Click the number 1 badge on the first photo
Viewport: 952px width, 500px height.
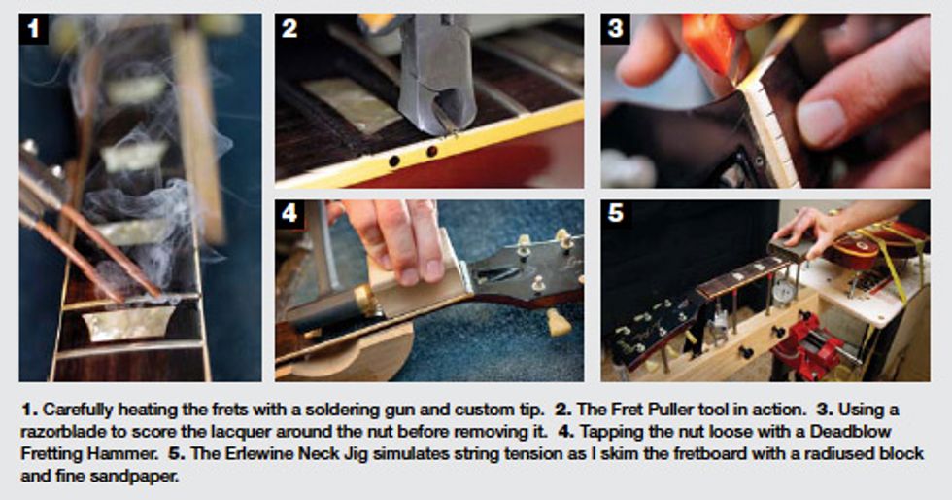(33, 28)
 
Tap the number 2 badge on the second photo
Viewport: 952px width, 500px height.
(289, 28)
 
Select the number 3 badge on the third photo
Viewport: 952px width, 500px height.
(616, 28)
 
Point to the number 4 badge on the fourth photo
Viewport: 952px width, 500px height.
(289, 213)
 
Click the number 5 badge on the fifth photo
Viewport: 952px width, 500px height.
(616, 213)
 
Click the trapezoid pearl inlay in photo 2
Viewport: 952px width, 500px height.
(351, 105)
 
